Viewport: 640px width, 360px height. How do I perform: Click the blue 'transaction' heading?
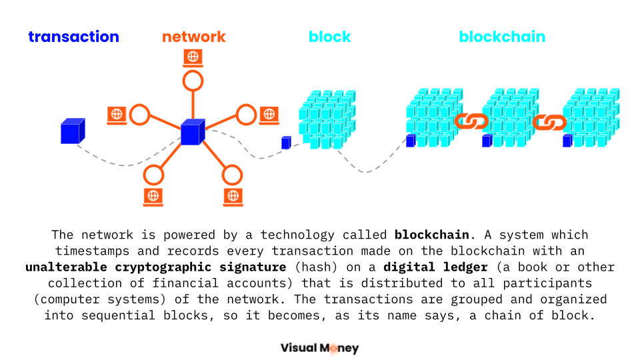click(x=73, y=37)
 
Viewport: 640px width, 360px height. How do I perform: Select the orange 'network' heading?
click(x=194, y=37)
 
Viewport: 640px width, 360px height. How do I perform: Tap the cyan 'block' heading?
click(x=329, y=37)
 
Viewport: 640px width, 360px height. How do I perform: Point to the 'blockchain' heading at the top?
click(x=502, y=37)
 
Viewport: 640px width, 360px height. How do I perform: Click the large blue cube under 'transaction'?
click(x=72, y=131)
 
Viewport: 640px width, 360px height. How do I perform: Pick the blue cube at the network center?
click(x=192, y=131)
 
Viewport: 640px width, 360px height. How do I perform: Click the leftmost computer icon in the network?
click(x=117, y=115)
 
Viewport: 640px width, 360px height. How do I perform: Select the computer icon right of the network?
click(x=269, y=115)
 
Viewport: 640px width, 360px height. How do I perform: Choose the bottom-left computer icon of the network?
click(x=153, y=196)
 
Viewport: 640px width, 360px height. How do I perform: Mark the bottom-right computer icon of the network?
click(x=232, y=196)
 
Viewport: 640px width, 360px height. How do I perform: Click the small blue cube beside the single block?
click(x=286, y=142)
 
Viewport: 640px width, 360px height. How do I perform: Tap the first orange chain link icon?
click(x=471, y=121)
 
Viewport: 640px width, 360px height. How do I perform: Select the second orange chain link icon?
click(x=549, y=121)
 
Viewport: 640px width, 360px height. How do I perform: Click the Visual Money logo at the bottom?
click(x=319, y=347)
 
